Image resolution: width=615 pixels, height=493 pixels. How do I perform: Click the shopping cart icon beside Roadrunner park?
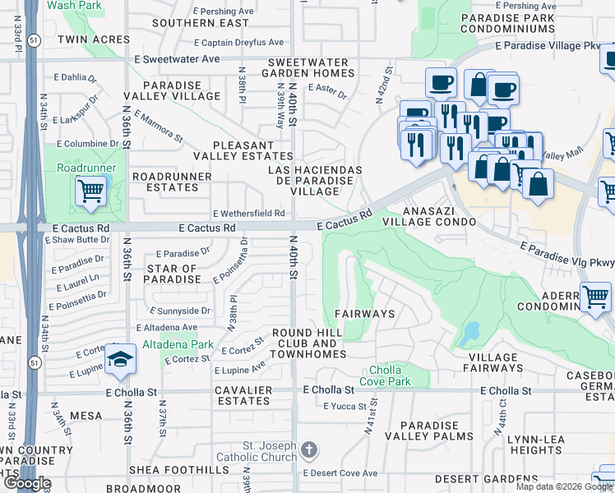pyautogui.click(x=91, y=191)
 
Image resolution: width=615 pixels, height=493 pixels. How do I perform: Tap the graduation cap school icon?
pyautogui.click(x=121, y=360)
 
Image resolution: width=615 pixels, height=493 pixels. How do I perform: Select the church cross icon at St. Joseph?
pyautogui.click(x=308, y=449)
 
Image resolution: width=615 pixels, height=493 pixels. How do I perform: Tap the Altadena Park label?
pyautogui.click(x=178, y=344)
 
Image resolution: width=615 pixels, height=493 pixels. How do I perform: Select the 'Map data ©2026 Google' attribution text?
pyautogui.click(x=563, y=486)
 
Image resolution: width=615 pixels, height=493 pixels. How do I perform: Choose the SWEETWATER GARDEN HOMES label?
pyautogui.click(x=313, y=68)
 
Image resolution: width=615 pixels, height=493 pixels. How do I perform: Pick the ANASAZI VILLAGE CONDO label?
pyautogui.click(x=429, y=216)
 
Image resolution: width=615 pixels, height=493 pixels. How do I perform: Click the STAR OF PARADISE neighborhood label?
pyautogui.click(x=173, y=274)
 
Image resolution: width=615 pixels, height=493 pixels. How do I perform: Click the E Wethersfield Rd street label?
pyautogui.click(x=248, y=214)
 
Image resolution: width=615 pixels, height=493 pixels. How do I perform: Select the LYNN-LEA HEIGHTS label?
pyautogui.click(x=534, y=445)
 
